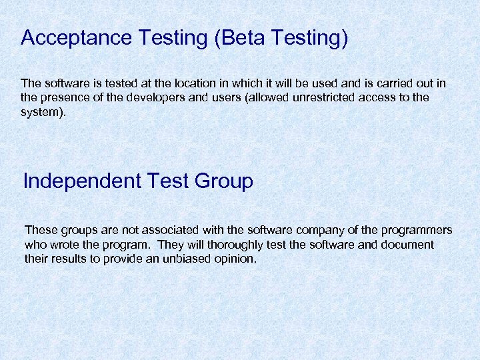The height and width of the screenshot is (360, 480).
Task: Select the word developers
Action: coord(149,98)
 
